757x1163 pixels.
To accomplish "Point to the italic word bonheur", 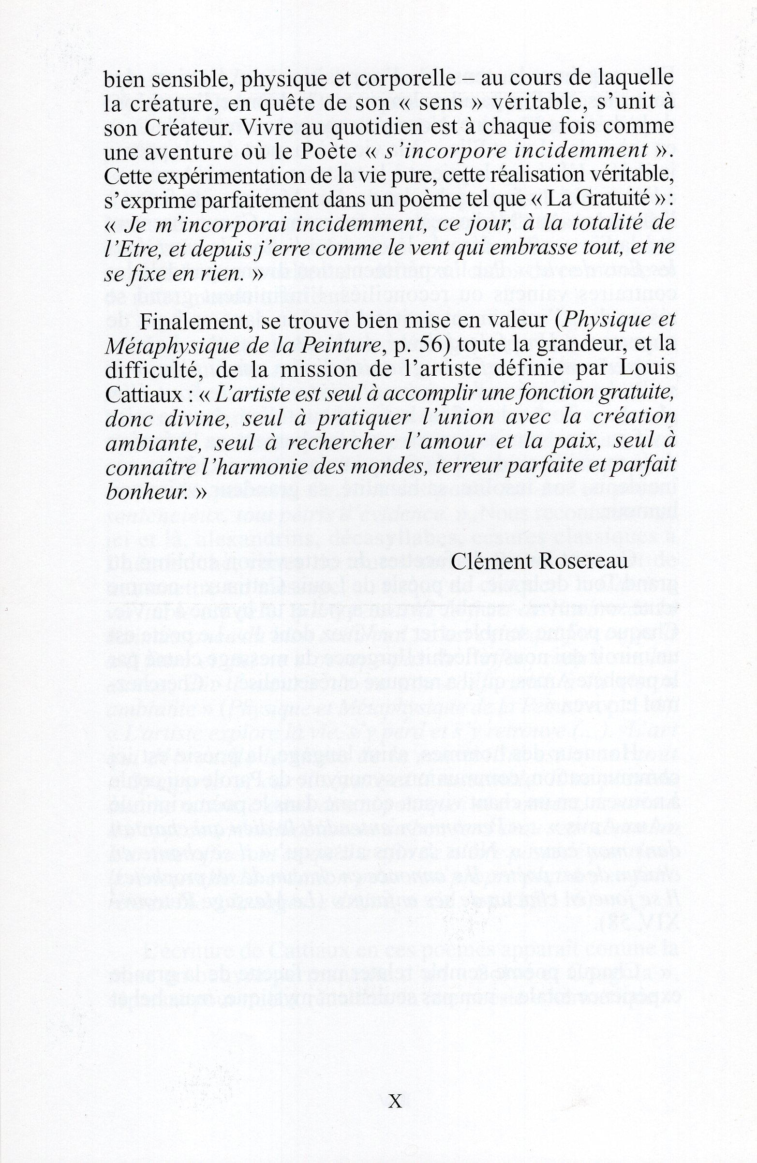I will point(147,491).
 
